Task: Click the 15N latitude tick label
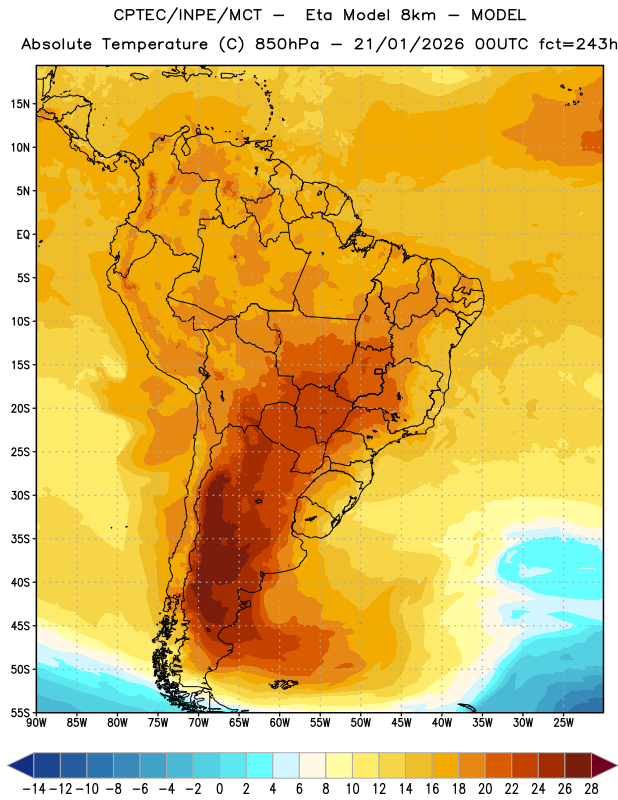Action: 20,104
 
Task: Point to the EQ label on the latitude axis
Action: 23,235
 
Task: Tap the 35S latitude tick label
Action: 20,539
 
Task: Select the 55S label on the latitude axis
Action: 20,712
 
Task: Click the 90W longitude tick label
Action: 37,722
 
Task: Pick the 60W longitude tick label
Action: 280,722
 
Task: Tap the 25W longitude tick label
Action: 563,722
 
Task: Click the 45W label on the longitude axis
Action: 402,722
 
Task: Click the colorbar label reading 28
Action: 591,789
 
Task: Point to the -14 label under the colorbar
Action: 34,789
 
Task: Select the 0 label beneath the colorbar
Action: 219,789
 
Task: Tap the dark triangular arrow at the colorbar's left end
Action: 20,765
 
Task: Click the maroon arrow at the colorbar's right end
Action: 604,765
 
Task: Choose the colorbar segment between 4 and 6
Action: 286,765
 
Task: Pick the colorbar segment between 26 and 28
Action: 578,765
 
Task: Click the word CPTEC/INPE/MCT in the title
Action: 188,15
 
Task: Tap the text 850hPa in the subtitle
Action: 287,44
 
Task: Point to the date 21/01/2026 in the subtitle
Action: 409,44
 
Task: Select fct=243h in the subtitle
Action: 578,44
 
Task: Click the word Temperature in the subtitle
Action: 155,44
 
